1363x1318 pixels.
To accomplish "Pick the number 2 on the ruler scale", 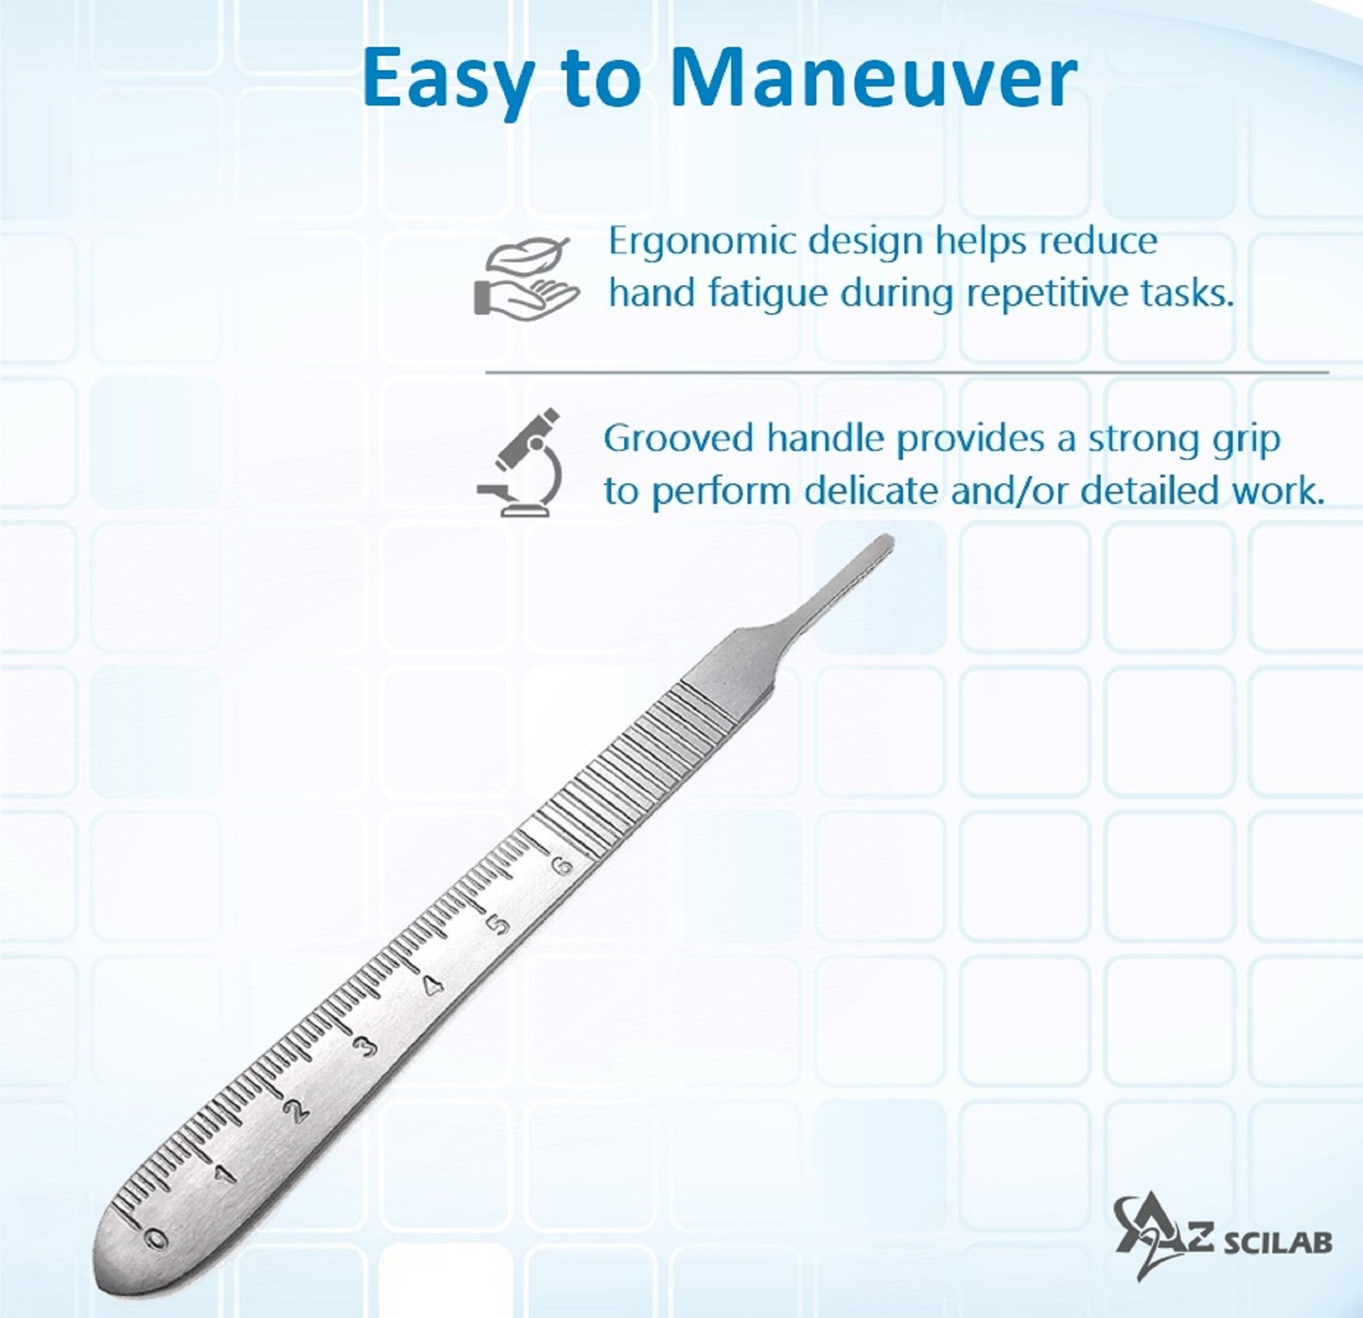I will [x=298, y=1111].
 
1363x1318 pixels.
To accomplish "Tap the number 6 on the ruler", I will [x=561, y=866].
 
